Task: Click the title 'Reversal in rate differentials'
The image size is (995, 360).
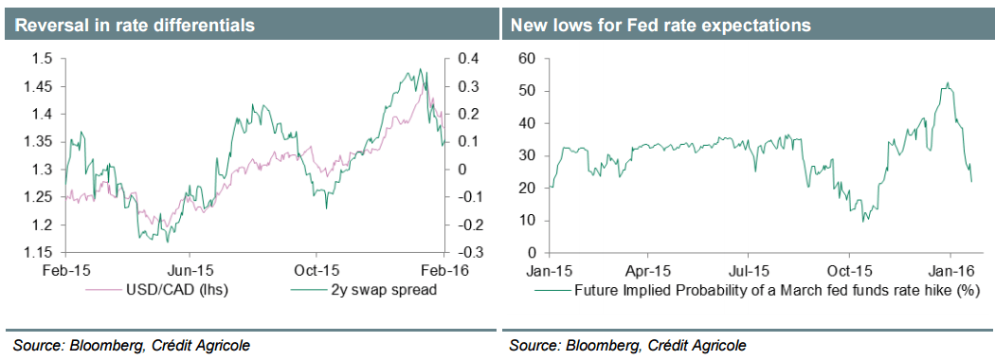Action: (x=134, y=26)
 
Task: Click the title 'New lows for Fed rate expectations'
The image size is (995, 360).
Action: (x=660, y=26)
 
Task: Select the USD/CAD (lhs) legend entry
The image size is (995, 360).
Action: (x=176, y=289)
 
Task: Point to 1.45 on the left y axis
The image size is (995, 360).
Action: (x=38, y=86)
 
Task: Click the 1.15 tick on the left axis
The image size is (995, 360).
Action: (x=38, y=253)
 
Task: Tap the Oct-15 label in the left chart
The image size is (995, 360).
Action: (x=316, y=270)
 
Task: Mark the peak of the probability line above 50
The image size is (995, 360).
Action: (x=948, y=82)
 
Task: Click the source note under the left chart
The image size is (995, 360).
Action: (x=132, y=345)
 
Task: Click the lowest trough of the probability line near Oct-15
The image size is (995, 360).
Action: (x=863, y=222)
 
